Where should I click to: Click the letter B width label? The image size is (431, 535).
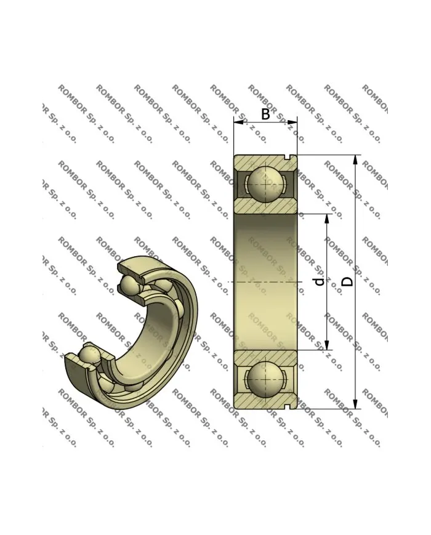265,114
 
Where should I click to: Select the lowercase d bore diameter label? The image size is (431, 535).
318,281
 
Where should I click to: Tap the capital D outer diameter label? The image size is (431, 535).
348,281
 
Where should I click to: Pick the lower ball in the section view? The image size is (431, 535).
265,379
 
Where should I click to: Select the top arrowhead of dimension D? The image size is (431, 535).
355,159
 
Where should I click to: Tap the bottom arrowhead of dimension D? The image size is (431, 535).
355,404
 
